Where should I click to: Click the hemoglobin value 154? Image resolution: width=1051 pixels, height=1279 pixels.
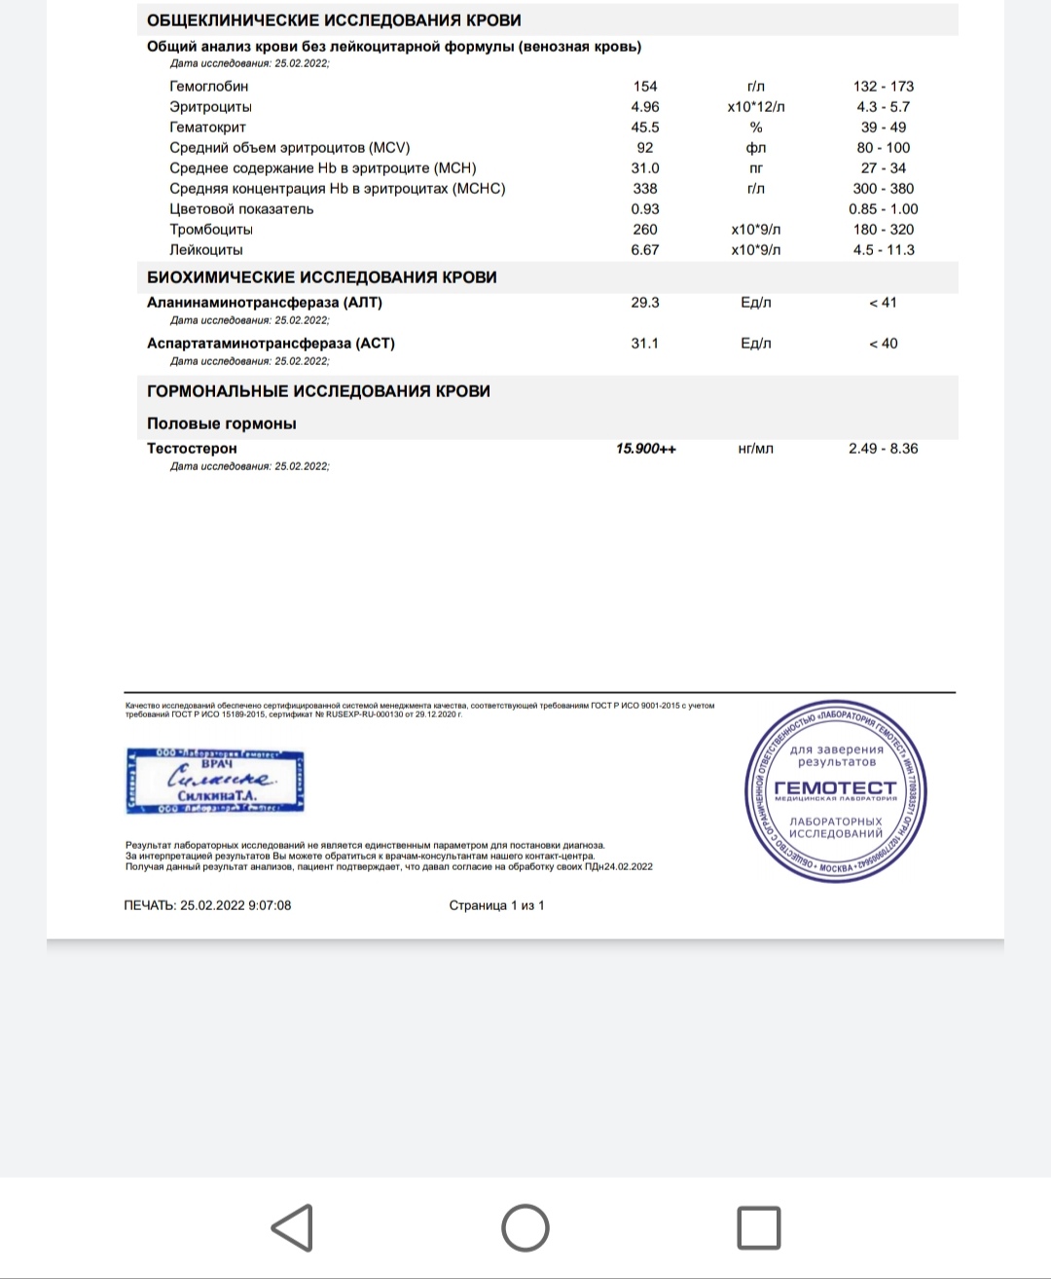(x=645, y=87)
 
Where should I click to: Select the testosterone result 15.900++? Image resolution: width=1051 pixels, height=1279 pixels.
(x=646, y=449)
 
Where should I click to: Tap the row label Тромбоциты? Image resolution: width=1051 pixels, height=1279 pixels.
(x=211, y=230)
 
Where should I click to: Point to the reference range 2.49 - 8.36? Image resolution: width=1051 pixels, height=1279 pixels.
(x=883, y=449)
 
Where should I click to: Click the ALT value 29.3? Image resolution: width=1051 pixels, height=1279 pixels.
(x=645, y=303)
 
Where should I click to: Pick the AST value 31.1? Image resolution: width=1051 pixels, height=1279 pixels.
(x=645, y=344)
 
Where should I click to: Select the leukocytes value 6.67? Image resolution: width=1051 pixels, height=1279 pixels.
(x=645, y=250)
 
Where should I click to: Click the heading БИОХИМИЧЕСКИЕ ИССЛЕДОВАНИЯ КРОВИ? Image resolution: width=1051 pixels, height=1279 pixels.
(x=322, y=277)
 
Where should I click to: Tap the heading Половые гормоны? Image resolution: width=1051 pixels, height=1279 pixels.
(x=222, y=423)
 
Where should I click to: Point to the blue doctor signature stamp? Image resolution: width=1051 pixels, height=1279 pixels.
(x=215, y=781)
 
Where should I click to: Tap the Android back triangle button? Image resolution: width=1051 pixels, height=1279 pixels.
(x=292, y=1227)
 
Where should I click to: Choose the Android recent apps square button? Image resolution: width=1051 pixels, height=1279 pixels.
(x=758, y=1227)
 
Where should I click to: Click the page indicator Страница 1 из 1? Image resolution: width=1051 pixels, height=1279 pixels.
(x=496, y=905)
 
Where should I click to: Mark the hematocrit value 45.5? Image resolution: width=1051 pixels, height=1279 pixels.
(x=645, y=128)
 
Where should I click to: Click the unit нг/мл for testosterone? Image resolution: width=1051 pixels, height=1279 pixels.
(x=756, y=449)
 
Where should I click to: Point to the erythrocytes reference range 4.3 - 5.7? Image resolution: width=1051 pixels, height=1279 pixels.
(x=883, y=107)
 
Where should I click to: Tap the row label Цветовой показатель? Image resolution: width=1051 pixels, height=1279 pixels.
(x=241, y=209)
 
